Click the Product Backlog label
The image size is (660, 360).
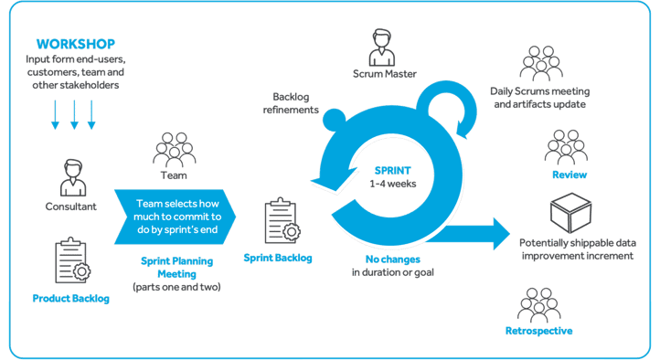[70, 299]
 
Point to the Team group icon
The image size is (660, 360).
[174, 148]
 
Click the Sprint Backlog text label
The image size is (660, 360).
[278, 258]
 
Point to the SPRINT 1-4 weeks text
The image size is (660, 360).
[396, 177]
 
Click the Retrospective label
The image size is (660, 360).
[539, 330]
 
